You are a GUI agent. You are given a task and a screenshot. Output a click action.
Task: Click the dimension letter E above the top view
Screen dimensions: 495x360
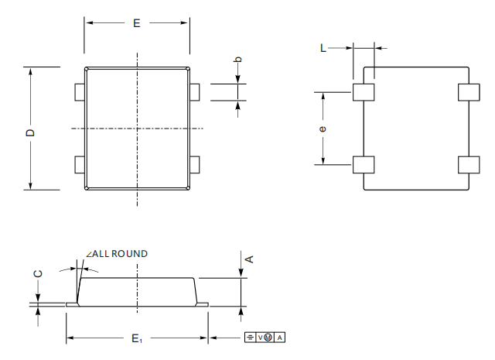pyautogui.click(x=136, y=23)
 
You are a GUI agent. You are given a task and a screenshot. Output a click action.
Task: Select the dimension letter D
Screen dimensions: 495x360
pyautogui.click(x=30, y=132)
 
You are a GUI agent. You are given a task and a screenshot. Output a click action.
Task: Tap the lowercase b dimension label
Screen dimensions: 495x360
pyautogui.click(x=239, y=59)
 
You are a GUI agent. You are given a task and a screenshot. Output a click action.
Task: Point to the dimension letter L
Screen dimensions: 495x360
pyautogui.click(x=323, y=48)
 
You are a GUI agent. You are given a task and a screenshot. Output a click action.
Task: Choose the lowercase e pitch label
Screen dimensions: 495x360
pyautogui.click(x=323, y=129)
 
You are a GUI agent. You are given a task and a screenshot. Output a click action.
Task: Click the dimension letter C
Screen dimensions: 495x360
pyautogui.click(x=38, y=274)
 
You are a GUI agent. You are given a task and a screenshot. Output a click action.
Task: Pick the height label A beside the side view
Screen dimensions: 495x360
pyautogui.click(x=249, y=259)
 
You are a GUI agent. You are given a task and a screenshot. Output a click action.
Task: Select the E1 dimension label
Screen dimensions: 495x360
pyautogui.click(x=137, y=339)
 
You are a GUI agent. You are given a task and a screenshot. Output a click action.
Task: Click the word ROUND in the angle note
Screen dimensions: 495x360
pyautogui.click(x=129, y=254)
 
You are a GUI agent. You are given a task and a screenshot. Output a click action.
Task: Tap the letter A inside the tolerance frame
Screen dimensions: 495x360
pyautogui.click(x=280, y=338)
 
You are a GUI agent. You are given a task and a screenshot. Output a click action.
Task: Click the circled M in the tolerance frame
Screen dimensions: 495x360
pyautogui.click(x=268, y=338)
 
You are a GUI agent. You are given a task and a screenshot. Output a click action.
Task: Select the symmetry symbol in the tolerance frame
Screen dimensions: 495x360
pyautogui.click(x=250, y=338)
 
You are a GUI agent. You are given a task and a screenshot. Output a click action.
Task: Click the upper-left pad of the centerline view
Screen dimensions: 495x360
pyautogui.click(x=80, y=92)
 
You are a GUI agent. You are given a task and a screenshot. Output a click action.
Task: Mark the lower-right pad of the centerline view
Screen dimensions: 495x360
pyautogui.click(x=195, y=165)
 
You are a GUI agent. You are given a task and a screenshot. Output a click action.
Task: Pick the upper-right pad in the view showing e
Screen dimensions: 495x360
pyautogui.click(x=469, y=92)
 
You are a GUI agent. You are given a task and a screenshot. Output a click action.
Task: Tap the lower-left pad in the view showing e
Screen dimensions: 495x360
pyautogui.click(x=364, y=165)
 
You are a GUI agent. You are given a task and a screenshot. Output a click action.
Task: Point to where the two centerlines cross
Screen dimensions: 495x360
pyautogui.click(x=137, y=129)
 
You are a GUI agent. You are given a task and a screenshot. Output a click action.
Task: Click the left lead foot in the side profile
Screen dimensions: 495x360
pyautogui.click(x=72, y=304)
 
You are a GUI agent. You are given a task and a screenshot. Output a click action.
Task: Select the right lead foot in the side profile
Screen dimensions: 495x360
pyautogui.click(x=202, y=304)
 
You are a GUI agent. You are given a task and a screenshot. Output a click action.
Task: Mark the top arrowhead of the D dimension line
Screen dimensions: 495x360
pyautogui.click(x=30, y=71)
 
